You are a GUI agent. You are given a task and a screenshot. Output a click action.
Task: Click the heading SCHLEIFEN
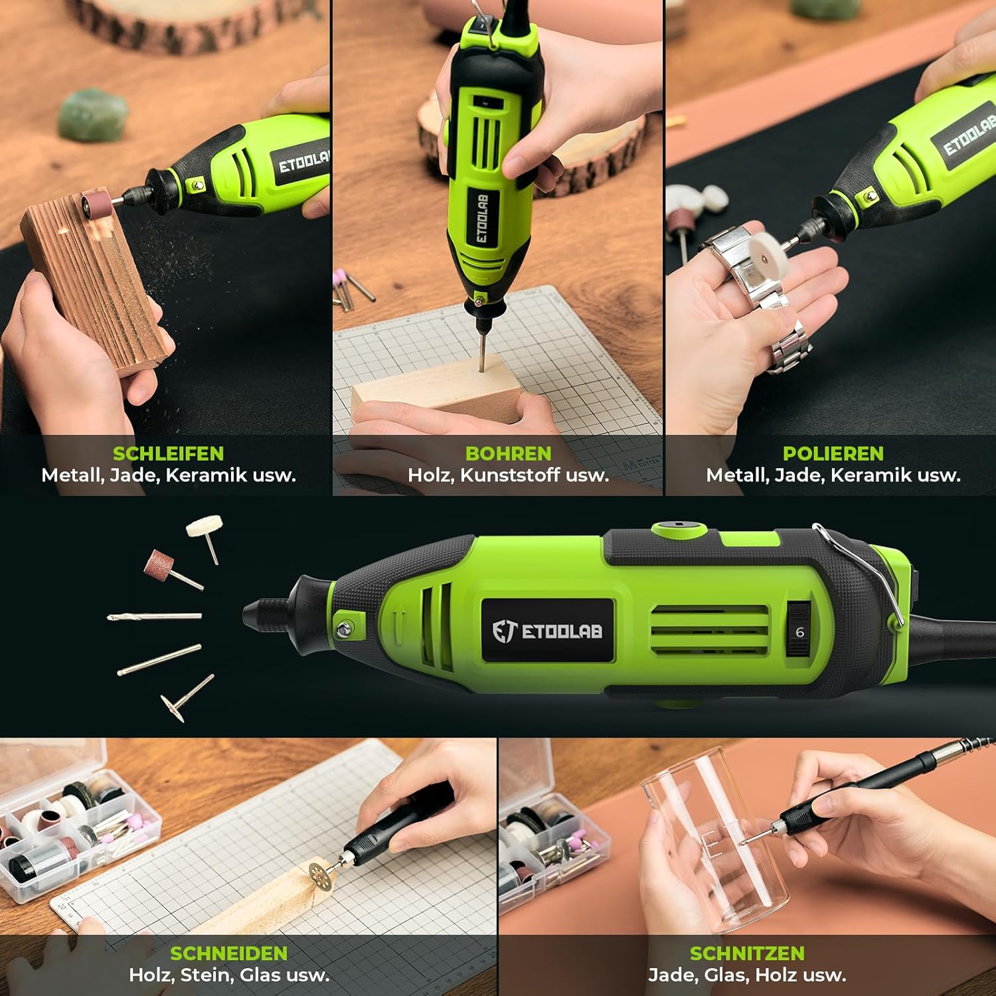[168, 454]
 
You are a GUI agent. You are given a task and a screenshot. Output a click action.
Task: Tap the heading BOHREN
[508, 454]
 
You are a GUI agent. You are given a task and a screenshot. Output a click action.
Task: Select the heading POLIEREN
[833, 454]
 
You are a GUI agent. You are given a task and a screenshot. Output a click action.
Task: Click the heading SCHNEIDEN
[229, 954]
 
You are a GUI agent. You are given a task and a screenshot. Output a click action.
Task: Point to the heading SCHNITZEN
[747, 954]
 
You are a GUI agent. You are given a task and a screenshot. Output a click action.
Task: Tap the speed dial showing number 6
[799, 631]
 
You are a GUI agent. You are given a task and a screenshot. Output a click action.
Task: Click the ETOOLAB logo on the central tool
[547, 631]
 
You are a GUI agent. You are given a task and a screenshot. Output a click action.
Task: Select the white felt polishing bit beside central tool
[205, 535]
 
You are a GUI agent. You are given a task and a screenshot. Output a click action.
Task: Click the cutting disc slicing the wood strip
[324, 874]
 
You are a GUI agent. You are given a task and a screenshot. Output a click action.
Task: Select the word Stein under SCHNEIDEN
[210, 975]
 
